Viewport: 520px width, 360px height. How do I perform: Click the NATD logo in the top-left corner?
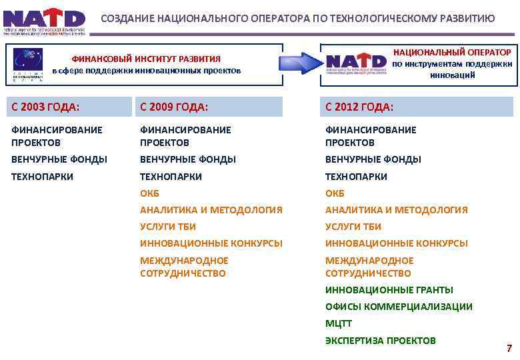[45, 21]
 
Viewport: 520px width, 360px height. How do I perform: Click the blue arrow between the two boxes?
[301, 64]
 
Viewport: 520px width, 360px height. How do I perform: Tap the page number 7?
[509, 348]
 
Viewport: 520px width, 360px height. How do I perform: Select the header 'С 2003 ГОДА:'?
[45, 107]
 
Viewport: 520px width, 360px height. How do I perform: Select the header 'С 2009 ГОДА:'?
[174, 107]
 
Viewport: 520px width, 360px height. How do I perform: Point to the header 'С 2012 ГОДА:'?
[359, 107]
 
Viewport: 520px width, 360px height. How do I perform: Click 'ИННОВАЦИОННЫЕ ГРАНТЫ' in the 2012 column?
[389, 290]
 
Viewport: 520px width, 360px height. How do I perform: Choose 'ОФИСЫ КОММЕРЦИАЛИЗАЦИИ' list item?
[399, 307]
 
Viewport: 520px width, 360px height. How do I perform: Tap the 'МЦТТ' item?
[338, 323]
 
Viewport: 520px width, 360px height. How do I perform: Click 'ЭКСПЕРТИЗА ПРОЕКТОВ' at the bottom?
[380, 340]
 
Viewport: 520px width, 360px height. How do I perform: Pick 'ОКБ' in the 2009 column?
[149, 193]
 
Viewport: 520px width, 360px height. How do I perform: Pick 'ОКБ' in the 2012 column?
[335, 193]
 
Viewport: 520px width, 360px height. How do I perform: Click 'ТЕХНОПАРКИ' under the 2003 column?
[42, 177]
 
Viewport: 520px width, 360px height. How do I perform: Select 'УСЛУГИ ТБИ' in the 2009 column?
[167, 227]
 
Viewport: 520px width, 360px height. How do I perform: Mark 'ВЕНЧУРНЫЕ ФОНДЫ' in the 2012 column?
[373, 159]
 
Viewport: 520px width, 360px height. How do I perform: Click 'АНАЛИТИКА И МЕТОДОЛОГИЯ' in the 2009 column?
[211, 210]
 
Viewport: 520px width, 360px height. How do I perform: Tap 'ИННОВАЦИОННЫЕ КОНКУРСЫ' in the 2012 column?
[396, 243]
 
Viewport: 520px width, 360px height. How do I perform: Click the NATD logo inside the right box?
[356, 64]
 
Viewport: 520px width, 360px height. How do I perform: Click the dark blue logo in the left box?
[29, 65]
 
